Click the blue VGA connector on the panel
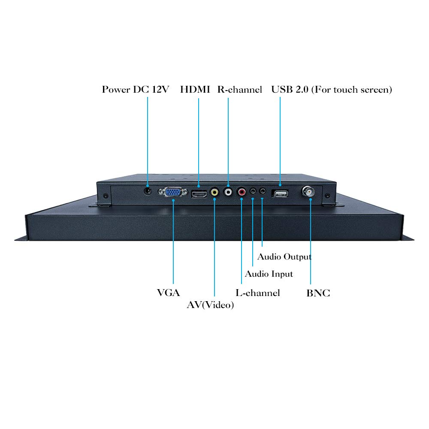[x=172, y=192]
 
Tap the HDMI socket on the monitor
[x=199, y=194]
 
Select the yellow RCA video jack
[x=214, y=192]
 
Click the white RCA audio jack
[x=228, y=191]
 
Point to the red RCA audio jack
[x=242, y=191]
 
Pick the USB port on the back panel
[x=280, y=194]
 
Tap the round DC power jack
[x=148, y=191]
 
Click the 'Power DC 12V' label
[x=136, y=90]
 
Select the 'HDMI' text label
[x=195, y=90]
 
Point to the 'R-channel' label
[x=240, y=90]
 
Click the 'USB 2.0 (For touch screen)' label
[x=332, y=90]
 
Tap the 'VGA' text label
[x=169, y=293]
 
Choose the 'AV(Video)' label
[x=210, y=305]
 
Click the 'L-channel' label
[x=258, y=293]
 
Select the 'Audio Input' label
[x=269, y=274]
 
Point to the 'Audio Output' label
[x=284, y=257]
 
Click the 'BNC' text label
[x=318, y=293]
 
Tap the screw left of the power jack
[x=106, y=196]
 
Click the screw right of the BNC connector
[x=327, y=196]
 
